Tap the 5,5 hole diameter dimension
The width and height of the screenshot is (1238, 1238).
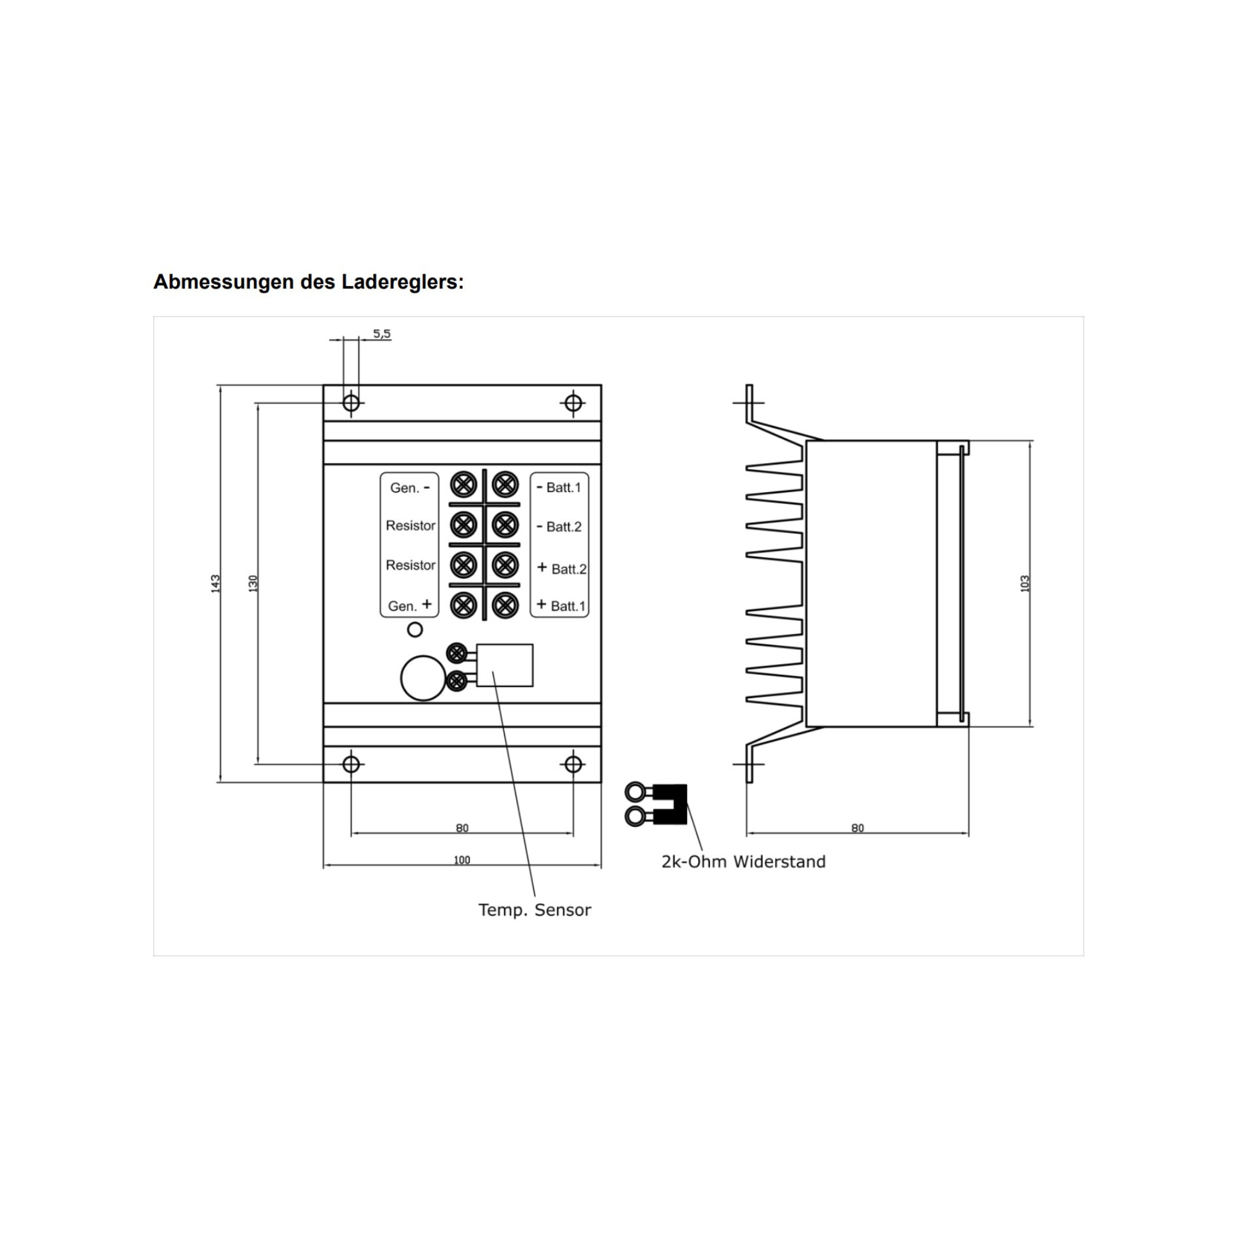pyautogui.click(x=381, y=334)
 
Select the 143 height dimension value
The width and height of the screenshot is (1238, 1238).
pyautogui.click(x=216, y=583)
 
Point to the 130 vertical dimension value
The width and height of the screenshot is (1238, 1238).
pyautogui.click(x=253, y=583)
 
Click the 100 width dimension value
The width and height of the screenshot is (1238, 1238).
pyautogui.click(x=461, y=860)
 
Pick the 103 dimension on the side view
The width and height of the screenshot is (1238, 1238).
pyautogui.click(x=1024, y=583)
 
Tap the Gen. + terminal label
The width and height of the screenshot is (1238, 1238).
pyautogui.click(x=409, y=605)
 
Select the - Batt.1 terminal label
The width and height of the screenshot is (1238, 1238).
pyautogui.click(x=559, y=488)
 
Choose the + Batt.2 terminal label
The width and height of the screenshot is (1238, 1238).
pyautogui.click(x=561, y=568)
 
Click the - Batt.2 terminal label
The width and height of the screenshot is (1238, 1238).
pyautogui.click(x=559, y=527)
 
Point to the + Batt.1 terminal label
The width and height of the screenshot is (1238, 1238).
pyautogui.click(x=561, y=605)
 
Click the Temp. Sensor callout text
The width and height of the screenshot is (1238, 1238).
pyautogui.click(x=534, y=910)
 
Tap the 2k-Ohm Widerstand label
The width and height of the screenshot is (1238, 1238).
pyautogui.click(x=743, y=862)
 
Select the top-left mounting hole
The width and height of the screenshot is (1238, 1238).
pyautogui.click(x=351, y=403)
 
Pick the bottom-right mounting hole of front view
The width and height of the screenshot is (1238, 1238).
pyautogui.click(x=573, y=764)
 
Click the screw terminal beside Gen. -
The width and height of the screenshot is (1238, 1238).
pyautogui.click(x=463, y=485)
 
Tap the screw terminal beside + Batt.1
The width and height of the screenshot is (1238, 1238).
pyautogui.click(x=505, y=605)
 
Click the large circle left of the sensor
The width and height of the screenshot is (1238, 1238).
pyautogui.click(x=423, y=678)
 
